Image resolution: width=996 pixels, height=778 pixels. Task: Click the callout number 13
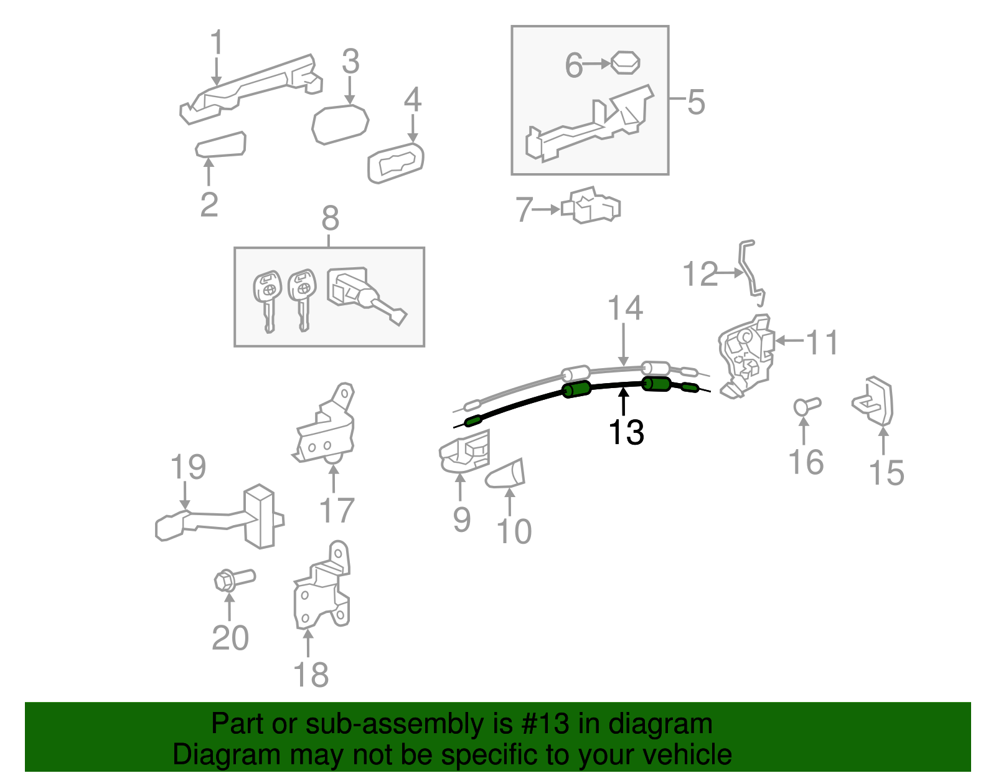626,432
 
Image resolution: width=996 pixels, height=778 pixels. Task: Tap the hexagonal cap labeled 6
626,63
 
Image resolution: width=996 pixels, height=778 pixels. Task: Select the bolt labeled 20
234,579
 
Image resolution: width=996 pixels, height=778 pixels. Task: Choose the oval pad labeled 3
340,124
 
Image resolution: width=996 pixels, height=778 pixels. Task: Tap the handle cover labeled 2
220,145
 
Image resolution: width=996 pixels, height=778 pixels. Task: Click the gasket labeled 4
395,163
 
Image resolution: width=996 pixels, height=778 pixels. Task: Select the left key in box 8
267,300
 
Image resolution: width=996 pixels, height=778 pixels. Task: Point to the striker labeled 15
873,401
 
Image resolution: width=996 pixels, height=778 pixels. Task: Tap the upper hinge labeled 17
326,426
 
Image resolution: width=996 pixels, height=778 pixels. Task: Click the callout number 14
625,308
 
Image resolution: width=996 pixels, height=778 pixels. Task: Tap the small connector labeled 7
591,206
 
